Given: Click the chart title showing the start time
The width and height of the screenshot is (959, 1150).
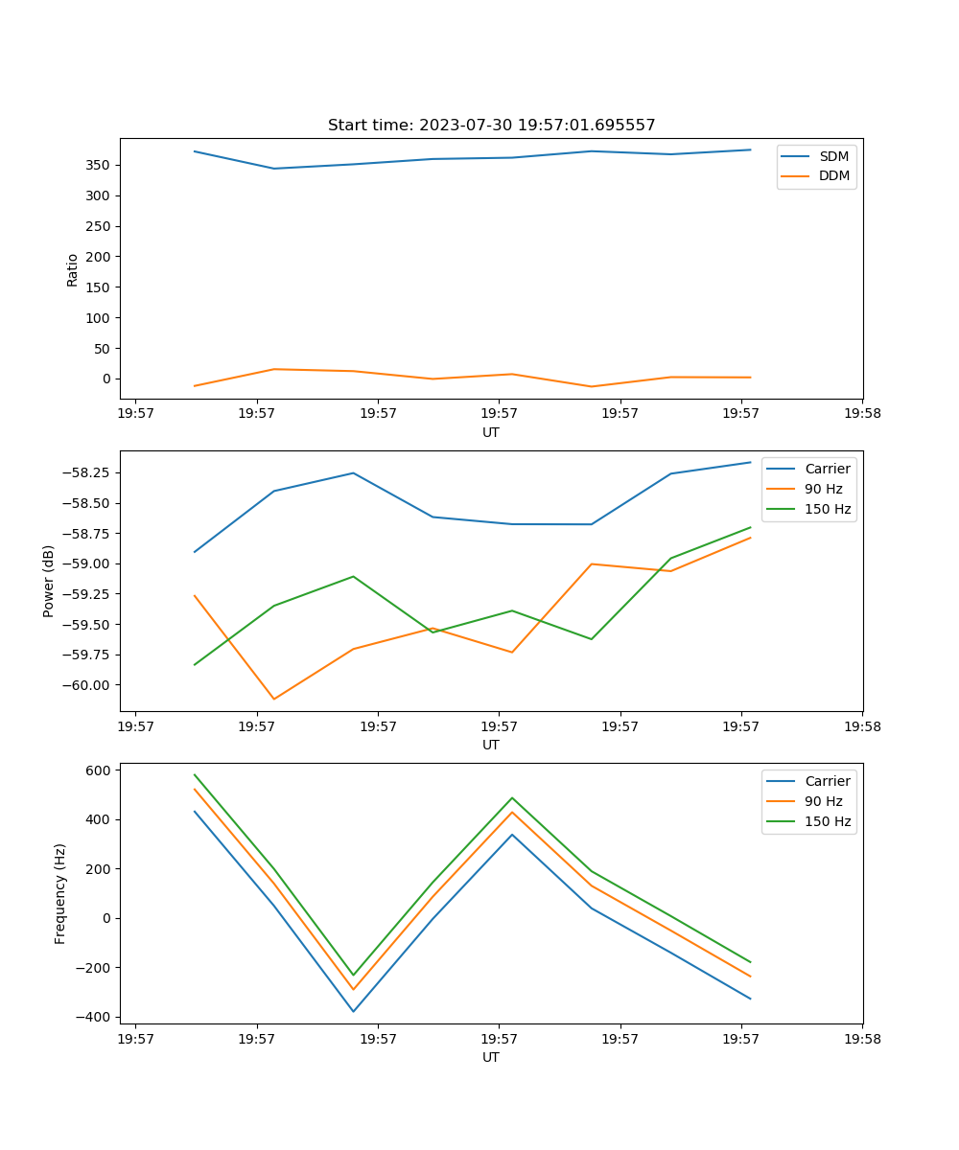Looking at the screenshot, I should [491, 126].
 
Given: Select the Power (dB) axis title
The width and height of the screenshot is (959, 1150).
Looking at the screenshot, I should [49, 581].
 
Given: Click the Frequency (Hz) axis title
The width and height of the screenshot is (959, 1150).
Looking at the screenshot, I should [60, 893].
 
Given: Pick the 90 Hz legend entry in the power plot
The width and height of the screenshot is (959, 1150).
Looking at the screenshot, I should [823, 489].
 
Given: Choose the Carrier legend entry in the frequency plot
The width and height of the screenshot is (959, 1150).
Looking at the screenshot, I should [827, 781].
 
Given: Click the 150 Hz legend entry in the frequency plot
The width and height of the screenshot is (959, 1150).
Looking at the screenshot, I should [827, 821].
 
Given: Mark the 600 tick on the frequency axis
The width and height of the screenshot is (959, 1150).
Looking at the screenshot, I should [100, 770].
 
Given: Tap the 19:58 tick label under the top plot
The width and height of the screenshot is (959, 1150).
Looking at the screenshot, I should [861, 414].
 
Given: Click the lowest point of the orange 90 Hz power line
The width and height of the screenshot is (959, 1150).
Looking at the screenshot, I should [274, 699].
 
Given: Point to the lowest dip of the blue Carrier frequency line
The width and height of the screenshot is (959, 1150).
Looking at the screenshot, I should [353, 1011].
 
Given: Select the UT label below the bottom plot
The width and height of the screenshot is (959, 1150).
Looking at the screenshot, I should [491, 1057].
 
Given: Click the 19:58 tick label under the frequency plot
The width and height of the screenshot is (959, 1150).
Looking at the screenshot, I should [861, 1039].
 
